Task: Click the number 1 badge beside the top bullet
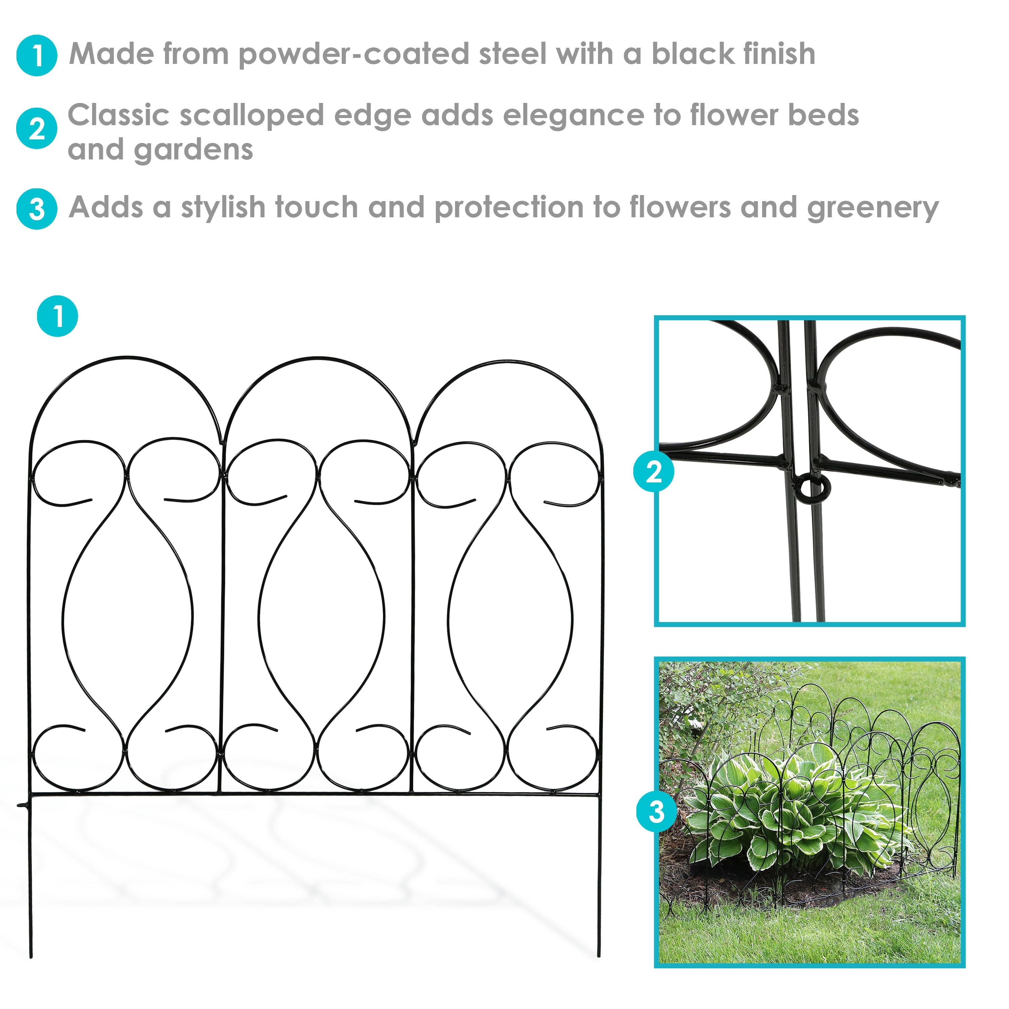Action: pyautogui.click(x=37, y=55)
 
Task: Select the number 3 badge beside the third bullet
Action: pyautogui.click(x=37, y=209)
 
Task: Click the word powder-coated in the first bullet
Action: pyautogui.click(x=353, y=54)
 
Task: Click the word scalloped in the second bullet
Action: pyautogui.click(x=252, y=115)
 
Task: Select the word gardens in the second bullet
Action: pyautogui.click(x=193, y=150)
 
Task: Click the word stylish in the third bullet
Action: pyautogui.click(x=224, y=208)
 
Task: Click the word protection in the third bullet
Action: pyautogui.click(x=509, y=208)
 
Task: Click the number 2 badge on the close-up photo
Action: pyautogui.click(x=653, y=472)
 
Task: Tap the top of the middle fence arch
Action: pyautogui.click(x=319, y=358)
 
